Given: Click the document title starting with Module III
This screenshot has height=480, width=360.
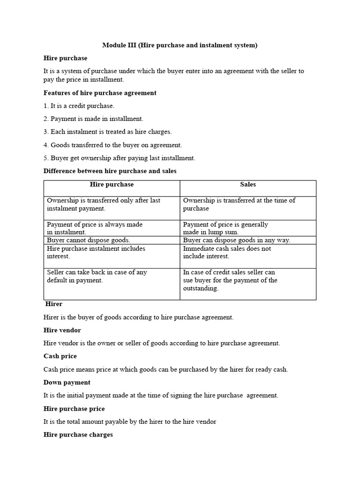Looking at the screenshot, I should click(x=180, y=45).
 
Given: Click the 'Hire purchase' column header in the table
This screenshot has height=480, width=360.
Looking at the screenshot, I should click(x=112, y=185).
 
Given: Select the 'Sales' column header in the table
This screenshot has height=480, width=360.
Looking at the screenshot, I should click(x=248, y=185).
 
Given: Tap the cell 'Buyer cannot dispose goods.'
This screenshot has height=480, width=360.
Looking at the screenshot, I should click(x=89, y=240).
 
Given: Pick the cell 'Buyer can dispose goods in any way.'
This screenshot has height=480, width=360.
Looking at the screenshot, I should click(x=236, y=240).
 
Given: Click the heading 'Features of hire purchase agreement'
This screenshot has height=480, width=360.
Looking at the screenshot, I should click(x=100, y=93).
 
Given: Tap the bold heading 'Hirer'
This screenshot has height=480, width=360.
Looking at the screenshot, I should click(x=54, y=304).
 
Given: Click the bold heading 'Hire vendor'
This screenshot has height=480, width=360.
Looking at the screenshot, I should click(x=62, y=330).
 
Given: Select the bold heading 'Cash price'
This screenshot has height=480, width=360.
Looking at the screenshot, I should click(x=60, y=356).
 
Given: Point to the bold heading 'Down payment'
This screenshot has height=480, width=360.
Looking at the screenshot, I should click(x=67, y=382).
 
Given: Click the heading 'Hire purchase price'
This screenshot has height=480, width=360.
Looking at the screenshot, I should click(x=74, y=409).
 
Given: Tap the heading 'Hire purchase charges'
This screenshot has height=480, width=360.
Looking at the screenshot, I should click(x=78, y=435).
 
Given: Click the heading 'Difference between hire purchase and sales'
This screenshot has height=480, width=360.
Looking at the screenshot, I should click(x=110, y=171).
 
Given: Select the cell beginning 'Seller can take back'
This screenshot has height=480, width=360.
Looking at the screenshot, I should click(x=97, y=276).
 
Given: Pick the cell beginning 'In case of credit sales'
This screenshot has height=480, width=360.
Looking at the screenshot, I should click(x=230, y=280).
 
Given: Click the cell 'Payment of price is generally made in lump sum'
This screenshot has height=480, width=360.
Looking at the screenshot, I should click(x=225, y=228).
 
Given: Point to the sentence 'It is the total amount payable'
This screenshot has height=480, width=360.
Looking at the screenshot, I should click(x=130, y=422).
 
